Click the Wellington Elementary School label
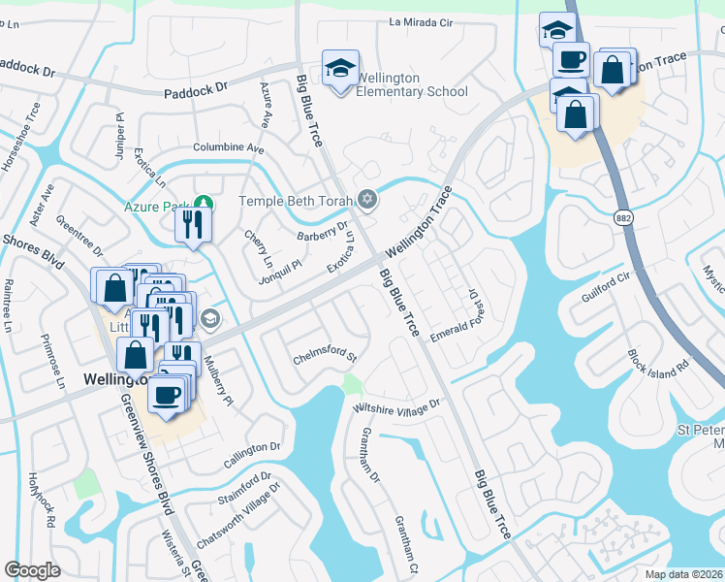pyautogui.click(x=412, y=84)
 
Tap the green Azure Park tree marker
pyautogui.click(x=203, y=203)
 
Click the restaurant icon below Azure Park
pyautogui.click(x=192, y=226)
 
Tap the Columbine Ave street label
pyautogui.click(x=229, y=148)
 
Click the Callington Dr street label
pyautogui.click(x=251, y=448)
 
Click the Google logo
pyautogui.click(x=32, y=569)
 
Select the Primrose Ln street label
pyautogui.click(x=51, y=363)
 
